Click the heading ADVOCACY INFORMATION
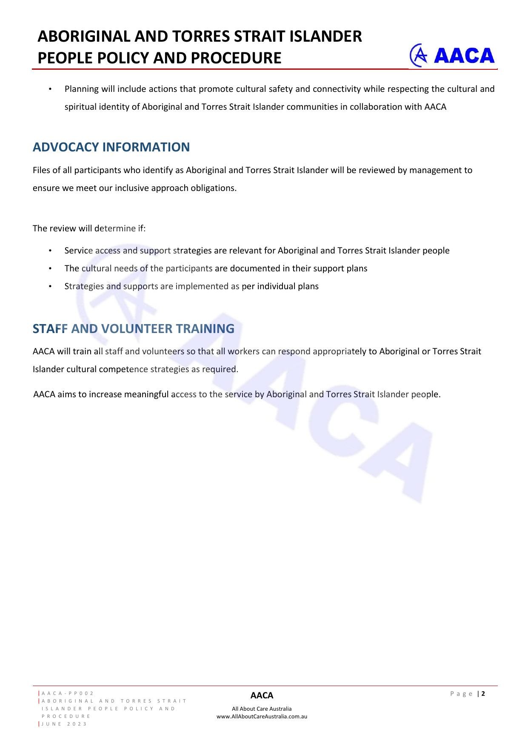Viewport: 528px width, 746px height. [111, 147]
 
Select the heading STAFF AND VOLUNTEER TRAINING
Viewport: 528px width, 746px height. [133, 329]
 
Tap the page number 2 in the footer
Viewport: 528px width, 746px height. [483, 694]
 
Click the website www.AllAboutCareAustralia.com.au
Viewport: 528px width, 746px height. [262, 716]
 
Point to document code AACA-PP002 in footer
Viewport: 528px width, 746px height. [68, 693]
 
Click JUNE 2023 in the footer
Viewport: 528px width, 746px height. [64, 724]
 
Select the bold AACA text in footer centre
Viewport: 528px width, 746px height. [262, 695]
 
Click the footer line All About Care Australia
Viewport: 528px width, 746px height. [262, 709]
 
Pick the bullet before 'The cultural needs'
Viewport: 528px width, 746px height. [50, 268]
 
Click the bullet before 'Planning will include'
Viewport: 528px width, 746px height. [50, 89]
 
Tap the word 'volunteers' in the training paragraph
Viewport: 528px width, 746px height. [163, 351]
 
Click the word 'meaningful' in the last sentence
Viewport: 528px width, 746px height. [146, 394]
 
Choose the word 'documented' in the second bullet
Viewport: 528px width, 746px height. [254, 268]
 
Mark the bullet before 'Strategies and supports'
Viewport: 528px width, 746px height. [50, 286]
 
